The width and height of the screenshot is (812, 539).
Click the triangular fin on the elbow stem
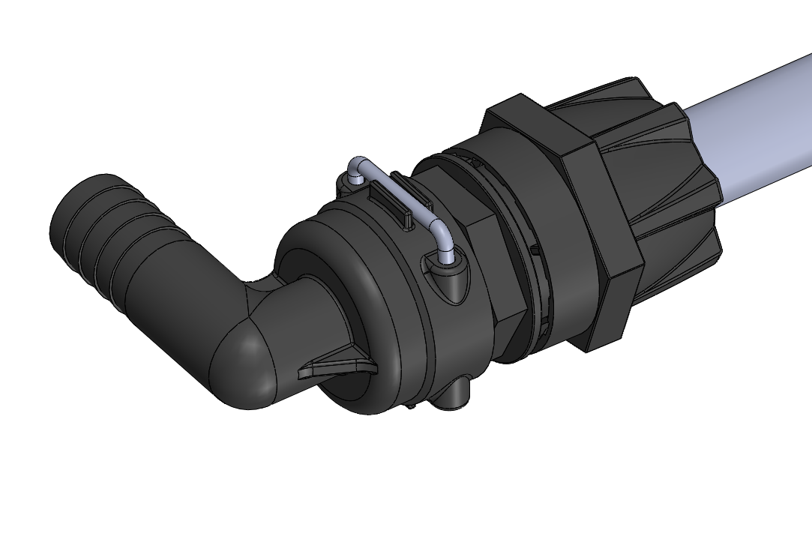click(x=337, y=369)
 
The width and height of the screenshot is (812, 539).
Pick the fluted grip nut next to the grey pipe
click(x=660, y=172)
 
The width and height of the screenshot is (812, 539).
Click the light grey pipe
click(x=757, y=127)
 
